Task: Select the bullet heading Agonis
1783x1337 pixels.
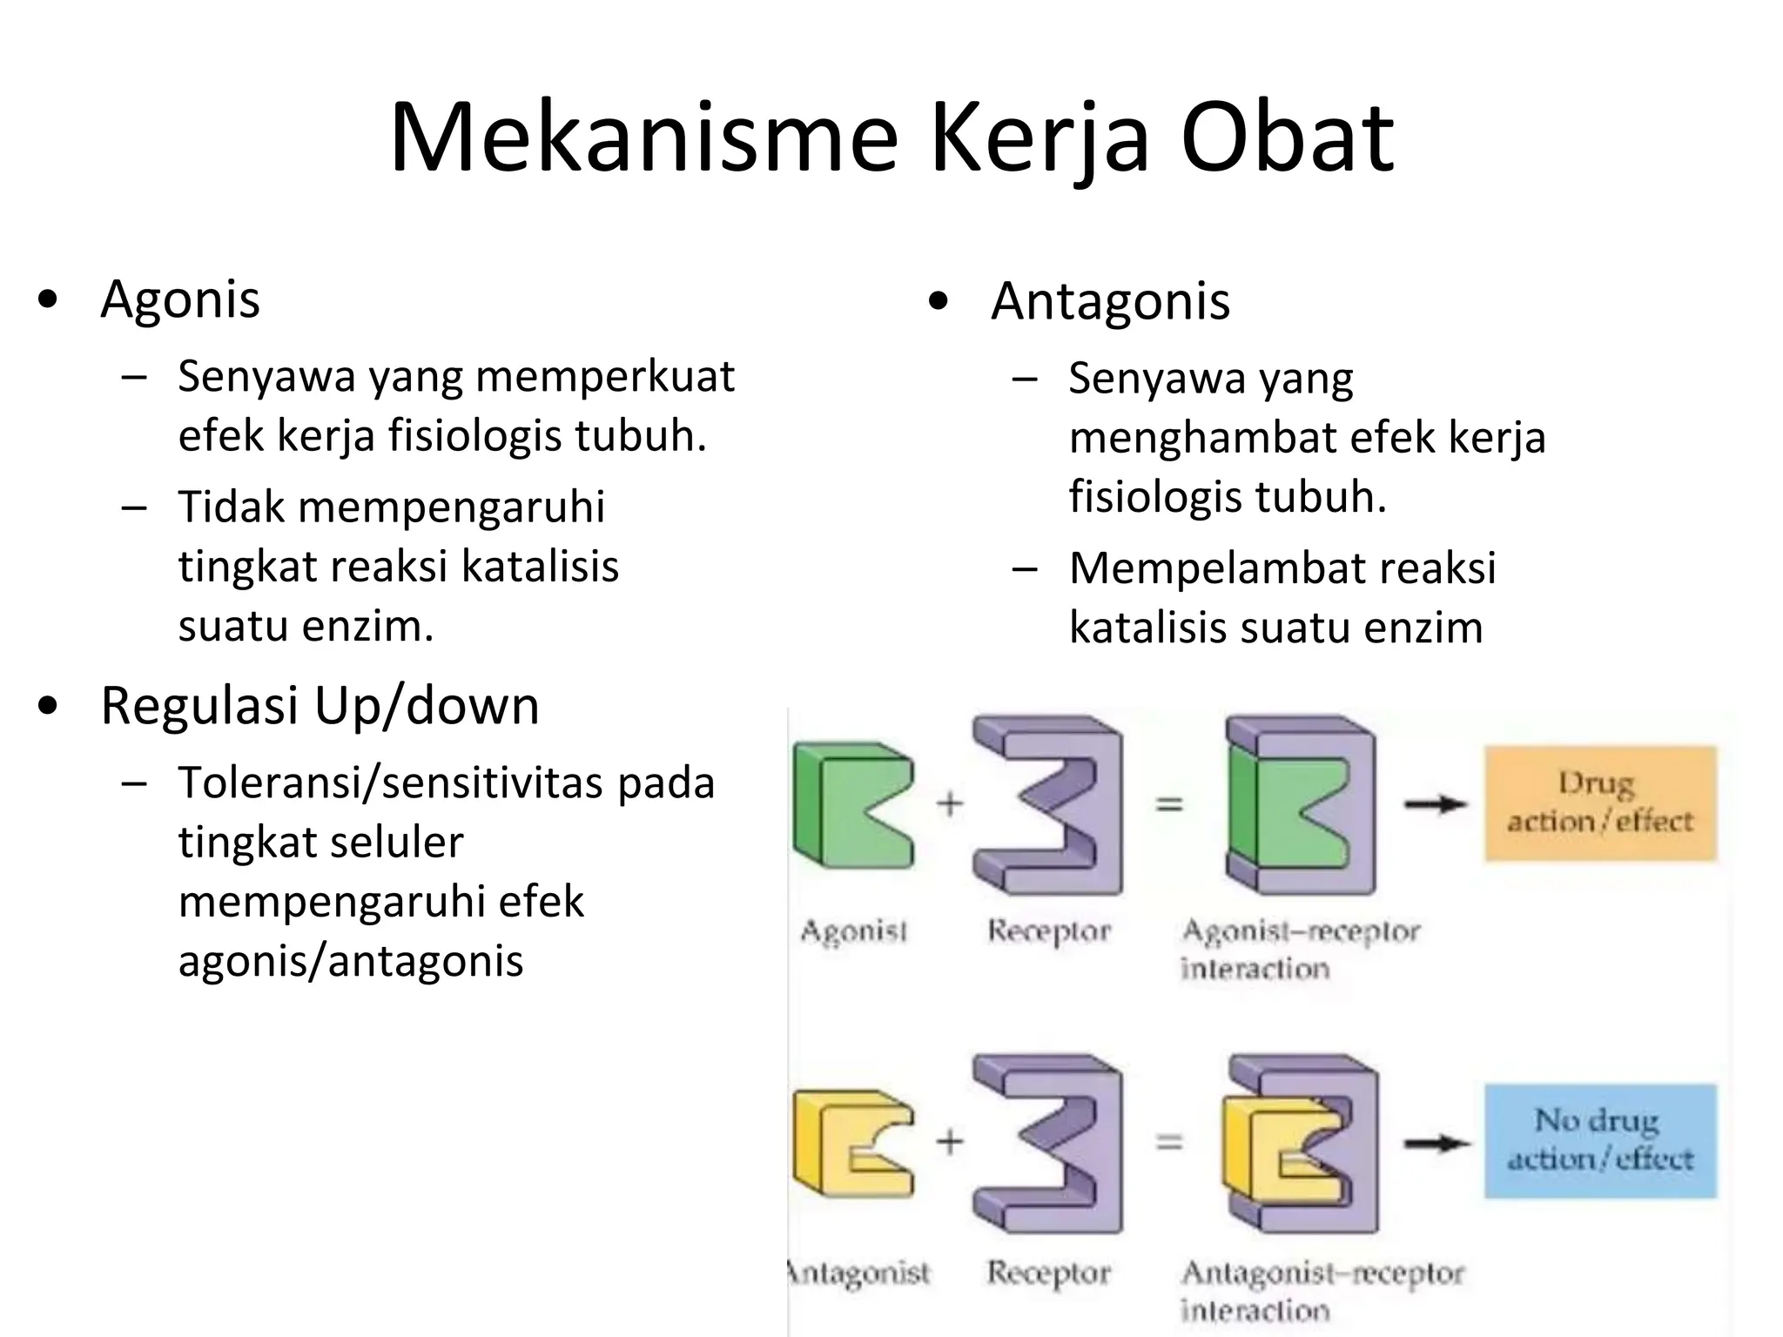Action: coord(180,299)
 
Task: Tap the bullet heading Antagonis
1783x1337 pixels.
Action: coord(1110,301)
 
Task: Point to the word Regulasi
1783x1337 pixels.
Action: coord(199,705)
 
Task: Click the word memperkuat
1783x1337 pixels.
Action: coord(605,377)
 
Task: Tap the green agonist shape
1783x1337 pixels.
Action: coord(853,804)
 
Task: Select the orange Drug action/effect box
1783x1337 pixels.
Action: coord(1600,803)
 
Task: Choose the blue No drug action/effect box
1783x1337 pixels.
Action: coord(1600,1141)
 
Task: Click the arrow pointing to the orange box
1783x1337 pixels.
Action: coord(1435,804)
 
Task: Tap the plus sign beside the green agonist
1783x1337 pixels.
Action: coord(950,803)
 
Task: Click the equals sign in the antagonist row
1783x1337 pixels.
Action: coord(1169,1141)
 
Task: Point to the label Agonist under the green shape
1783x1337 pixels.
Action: coord(853,931)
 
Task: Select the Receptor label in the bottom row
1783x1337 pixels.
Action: coord(1048,1273)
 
